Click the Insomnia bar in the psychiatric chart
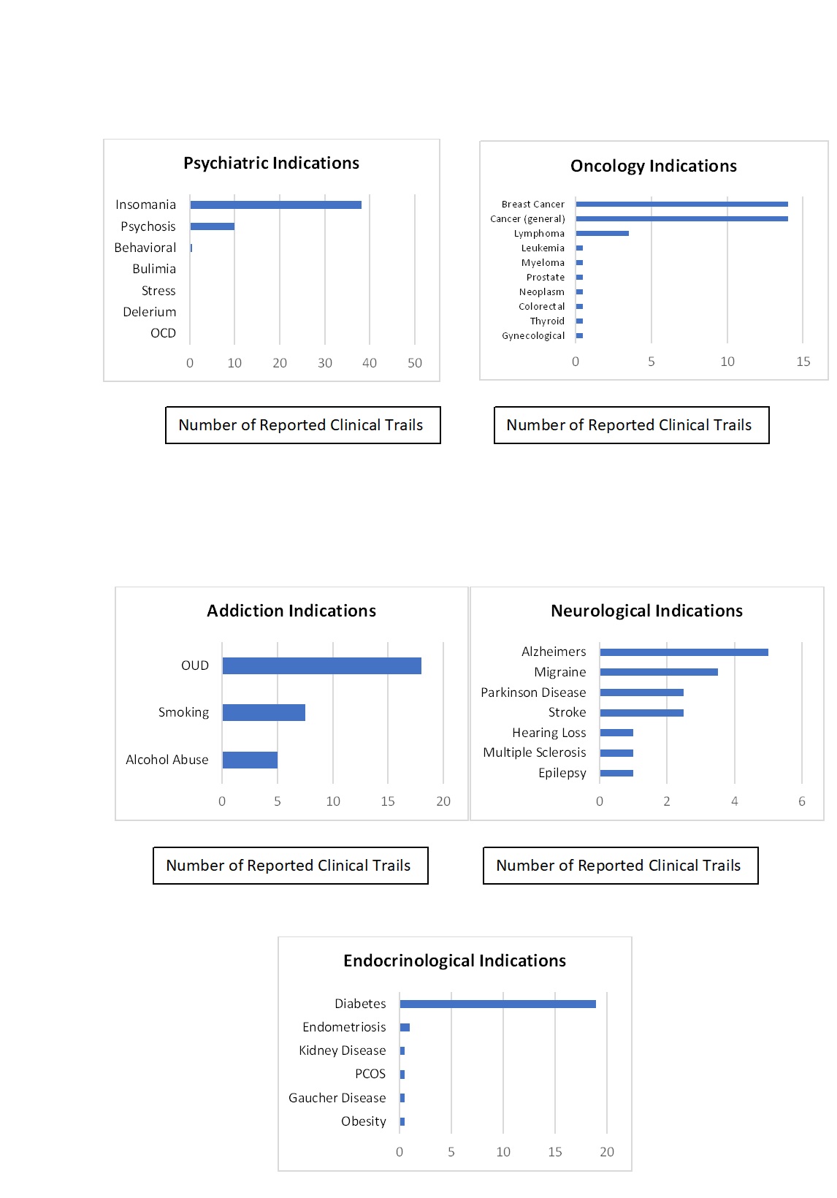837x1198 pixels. [x=275, y=205]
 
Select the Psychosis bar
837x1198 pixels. [x=213, y=226]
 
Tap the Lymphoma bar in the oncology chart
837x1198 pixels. [x=603, y=233]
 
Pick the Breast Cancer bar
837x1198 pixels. [x=682, y=204]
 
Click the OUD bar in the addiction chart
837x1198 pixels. [x=322, y=666]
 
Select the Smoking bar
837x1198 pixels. [x=264, y=712]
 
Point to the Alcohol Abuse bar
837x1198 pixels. [x=250, y=760]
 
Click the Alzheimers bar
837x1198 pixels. [x=684, y=652]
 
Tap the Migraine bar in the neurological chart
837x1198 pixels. [x=659, y=672]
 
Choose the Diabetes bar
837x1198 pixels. [x=498, y=1004]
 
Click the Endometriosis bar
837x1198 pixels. [x=405, y=1027]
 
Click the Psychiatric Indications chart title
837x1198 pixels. [x=271, y=163]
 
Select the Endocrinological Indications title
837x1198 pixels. [x=454, y=961]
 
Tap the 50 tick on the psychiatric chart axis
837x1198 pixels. [x=415, y=363]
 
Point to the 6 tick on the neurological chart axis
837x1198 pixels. [x=802, y=801]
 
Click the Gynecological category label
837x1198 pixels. [x=533, y=336]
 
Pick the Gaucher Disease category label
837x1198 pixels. [x=337, y=1098]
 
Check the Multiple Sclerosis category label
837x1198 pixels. [x=535, y=752]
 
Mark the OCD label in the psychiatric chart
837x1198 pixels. [x=163, y=333]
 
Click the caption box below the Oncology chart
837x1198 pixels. [x=632, y=425]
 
